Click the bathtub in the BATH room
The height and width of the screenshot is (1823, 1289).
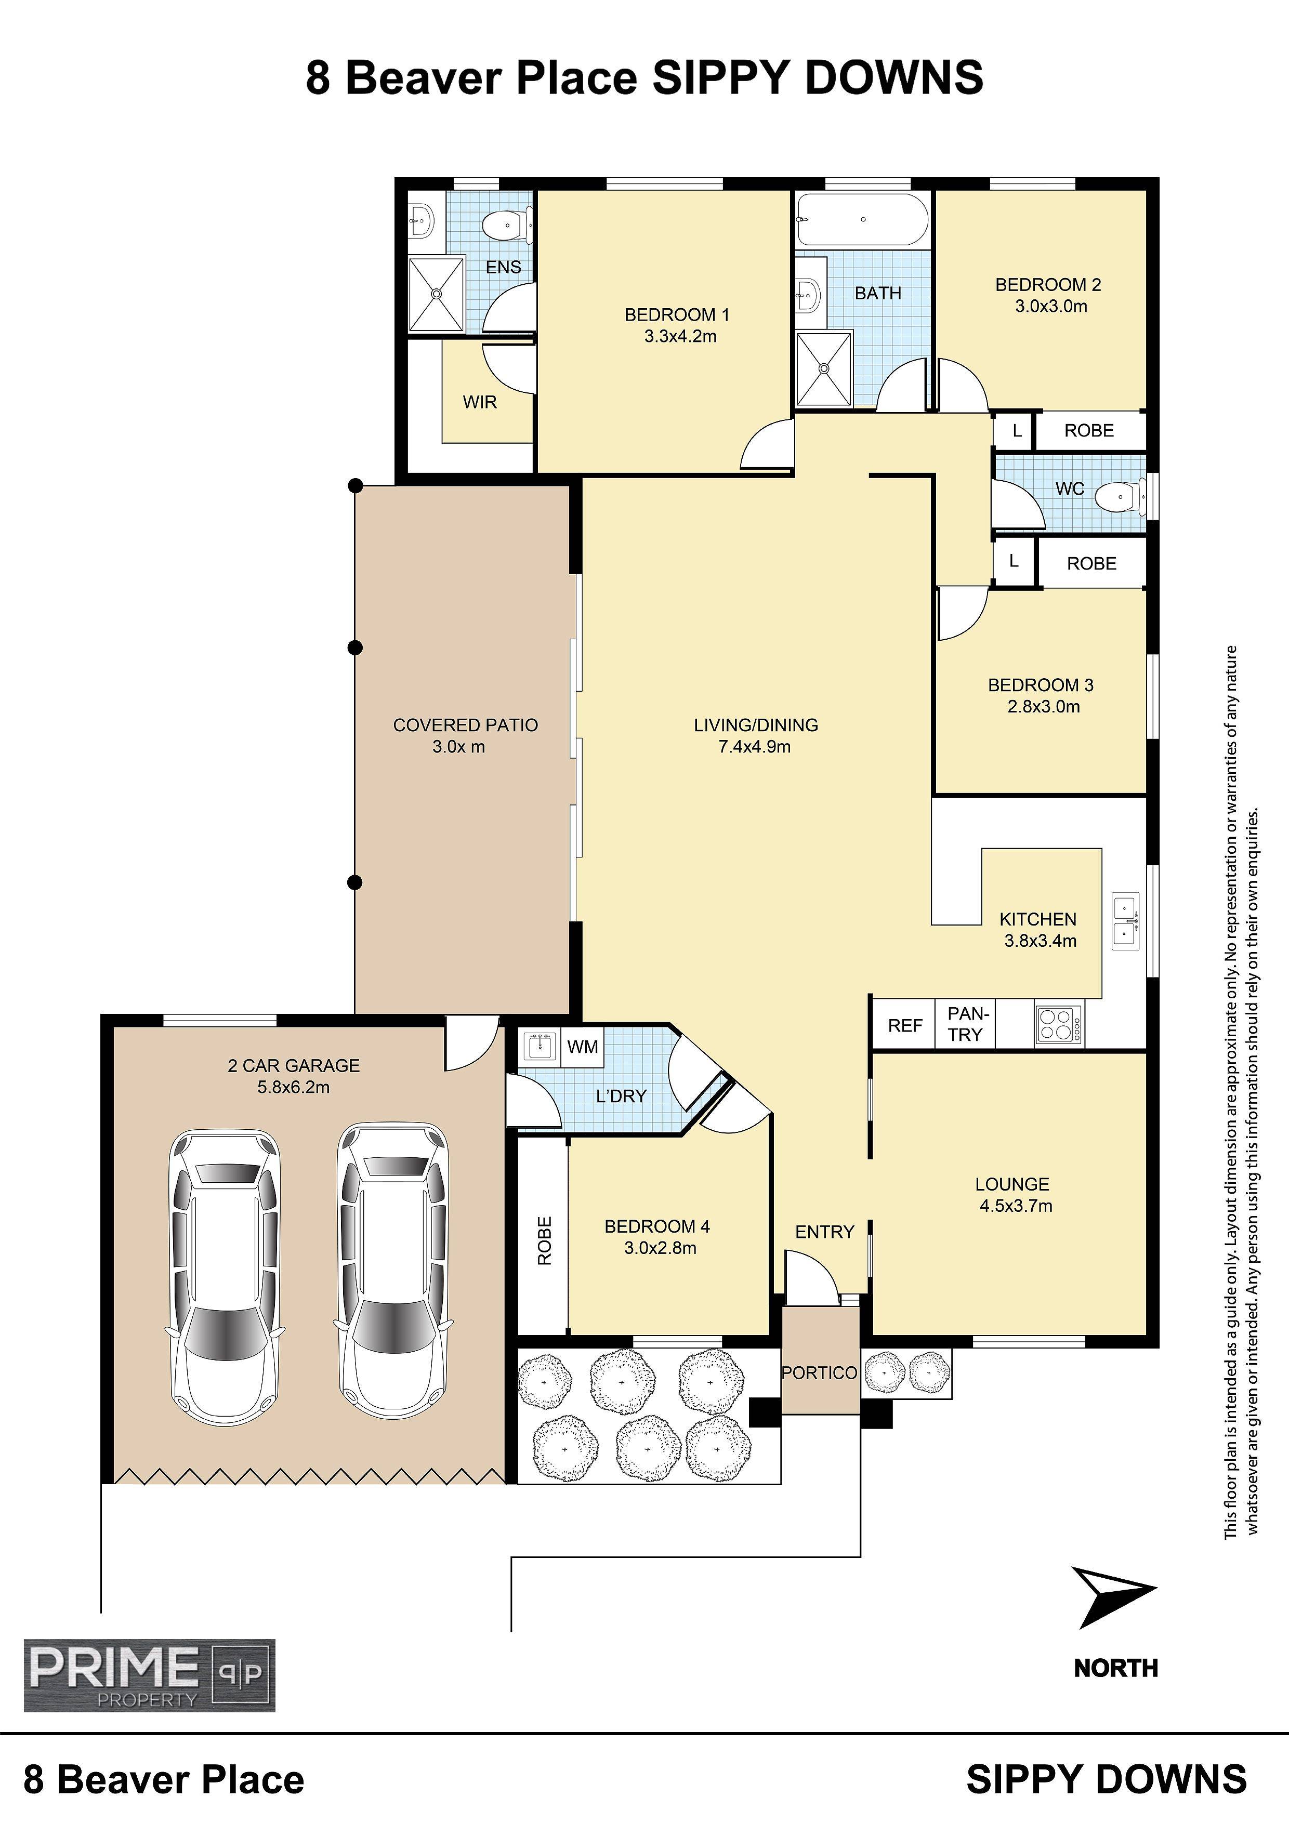pyautogui.click(x=862, y=220)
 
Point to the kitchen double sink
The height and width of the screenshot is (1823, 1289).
pyautogui.click(x=1125, y=921)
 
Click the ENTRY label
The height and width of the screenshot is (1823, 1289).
pyautogui.click(x=824, y=1232)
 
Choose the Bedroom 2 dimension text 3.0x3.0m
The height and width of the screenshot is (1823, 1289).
pyautogui.click(x=1051, y=306)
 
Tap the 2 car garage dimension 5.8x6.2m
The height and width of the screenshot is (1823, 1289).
pyautogui.click(x=293, y=1087)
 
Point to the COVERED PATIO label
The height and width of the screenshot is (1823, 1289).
pyautogui.click(x=465, y=725)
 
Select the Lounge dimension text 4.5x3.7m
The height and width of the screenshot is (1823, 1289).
pyautogui.click(x=1016, y=1205)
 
